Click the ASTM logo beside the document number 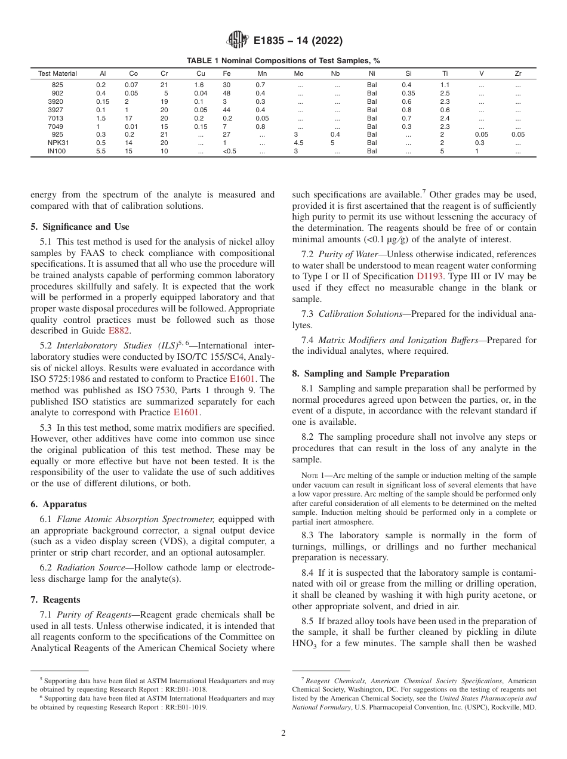(x=238, y=41)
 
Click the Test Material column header (x=57, y=73)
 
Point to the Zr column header (x=517, y=73)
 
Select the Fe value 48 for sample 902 (x=226, y=94)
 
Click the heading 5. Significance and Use (x=79, y=227)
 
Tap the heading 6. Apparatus (x=58, y=504)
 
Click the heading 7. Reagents (x=56, y=600)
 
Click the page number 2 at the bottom (x=283, y=733)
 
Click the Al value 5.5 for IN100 (x=101, y=152)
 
